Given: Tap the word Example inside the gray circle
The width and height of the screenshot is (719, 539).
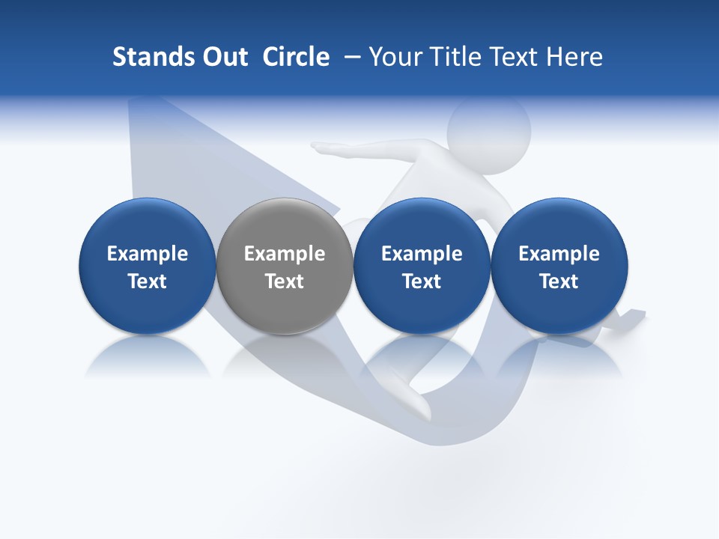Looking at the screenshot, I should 285,255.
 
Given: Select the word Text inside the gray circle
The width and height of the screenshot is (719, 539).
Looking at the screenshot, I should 285,282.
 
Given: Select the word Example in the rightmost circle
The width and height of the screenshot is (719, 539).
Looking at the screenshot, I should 559,255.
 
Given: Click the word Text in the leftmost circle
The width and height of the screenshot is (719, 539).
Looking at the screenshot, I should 148,282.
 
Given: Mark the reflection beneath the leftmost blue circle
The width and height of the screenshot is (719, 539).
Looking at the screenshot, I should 148,356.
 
